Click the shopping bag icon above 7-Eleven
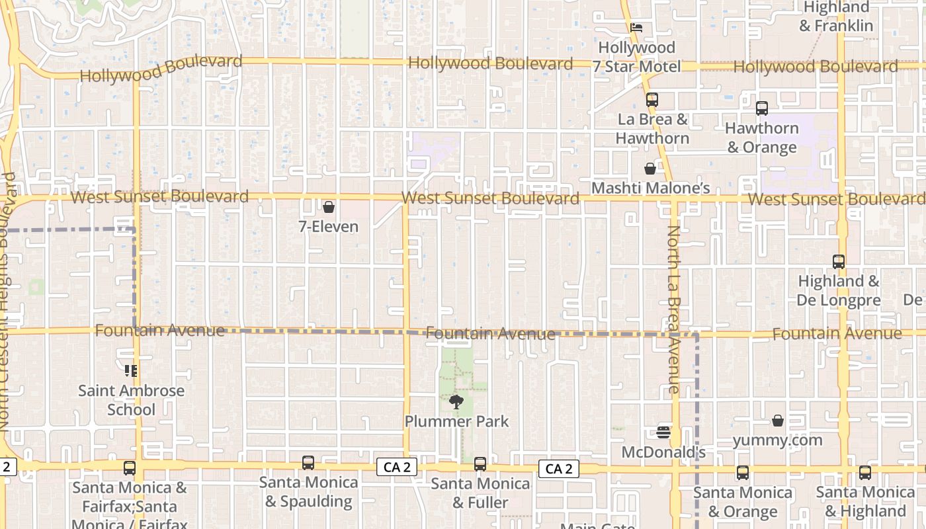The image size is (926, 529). [328, 207]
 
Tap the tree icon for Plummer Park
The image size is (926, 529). [456, 401]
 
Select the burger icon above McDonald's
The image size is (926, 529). [663, 433]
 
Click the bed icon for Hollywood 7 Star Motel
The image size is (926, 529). [636, 28]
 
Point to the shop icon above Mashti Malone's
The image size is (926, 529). [650, 169]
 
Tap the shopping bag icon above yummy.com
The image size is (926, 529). [778, 421]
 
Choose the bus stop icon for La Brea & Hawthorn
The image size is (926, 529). [652, 100]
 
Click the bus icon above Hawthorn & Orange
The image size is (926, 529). [762, 108]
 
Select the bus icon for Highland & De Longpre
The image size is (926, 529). [839, 262]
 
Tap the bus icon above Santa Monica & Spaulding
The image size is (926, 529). [308, 463]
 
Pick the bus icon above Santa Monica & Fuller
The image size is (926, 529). [480, 464]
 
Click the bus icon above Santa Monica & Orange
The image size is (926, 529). [743, 473]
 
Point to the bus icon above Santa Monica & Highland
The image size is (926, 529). [865, 473]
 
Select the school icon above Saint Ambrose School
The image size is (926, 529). [131, 371]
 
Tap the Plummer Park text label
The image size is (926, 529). [456, 421]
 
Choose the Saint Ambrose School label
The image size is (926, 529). [131, 400]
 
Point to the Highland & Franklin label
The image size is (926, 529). [836, 17]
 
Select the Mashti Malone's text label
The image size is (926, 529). [650, 188]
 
